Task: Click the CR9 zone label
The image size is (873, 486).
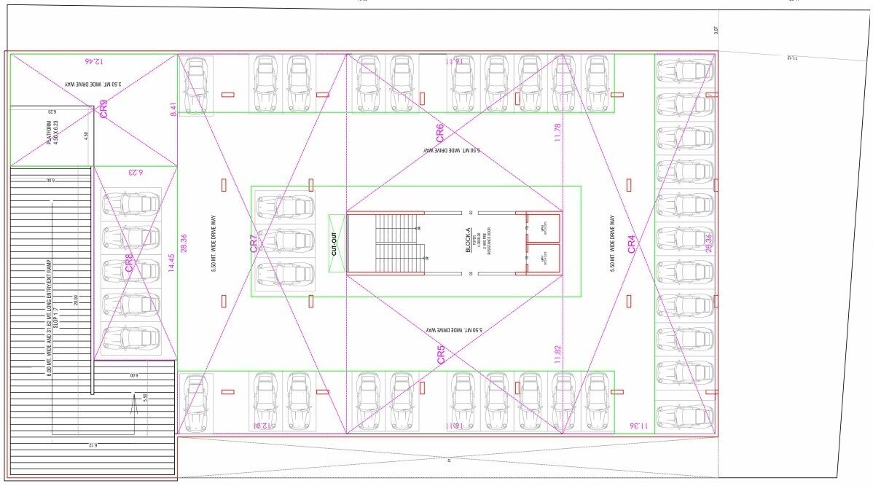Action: coord(103,109)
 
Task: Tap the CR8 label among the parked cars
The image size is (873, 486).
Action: coord(129,262)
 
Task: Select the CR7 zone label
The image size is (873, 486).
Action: coord(254,243)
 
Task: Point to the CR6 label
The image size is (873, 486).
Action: coord(440,133)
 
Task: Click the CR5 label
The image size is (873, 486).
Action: coord(442,355)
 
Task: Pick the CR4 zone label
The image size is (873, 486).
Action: coord(632,243)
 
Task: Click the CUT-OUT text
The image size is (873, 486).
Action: coord(336,244)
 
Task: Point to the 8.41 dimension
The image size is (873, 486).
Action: coord(173,110)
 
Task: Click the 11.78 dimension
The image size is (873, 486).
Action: coord(557,133)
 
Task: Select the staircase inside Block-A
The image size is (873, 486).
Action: coord(397,243)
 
